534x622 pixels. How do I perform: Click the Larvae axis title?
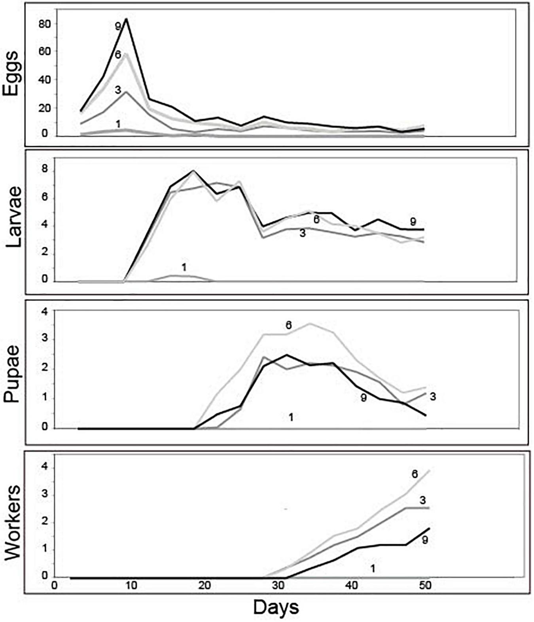14,218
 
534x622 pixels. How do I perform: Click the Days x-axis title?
276,607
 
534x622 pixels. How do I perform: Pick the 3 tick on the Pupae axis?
44,339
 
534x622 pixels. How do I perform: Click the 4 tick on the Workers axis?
45,468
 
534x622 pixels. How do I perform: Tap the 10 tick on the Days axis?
131,585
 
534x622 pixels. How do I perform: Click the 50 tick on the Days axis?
425,585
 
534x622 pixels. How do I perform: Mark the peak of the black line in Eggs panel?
126,19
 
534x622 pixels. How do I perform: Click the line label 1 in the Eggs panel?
118,124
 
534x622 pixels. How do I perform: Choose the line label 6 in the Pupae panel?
289,325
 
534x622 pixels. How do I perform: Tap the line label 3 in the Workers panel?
422,500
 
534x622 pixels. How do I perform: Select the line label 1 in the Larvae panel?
184,267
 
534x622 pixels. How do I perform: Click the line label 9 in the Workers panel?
424,540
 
